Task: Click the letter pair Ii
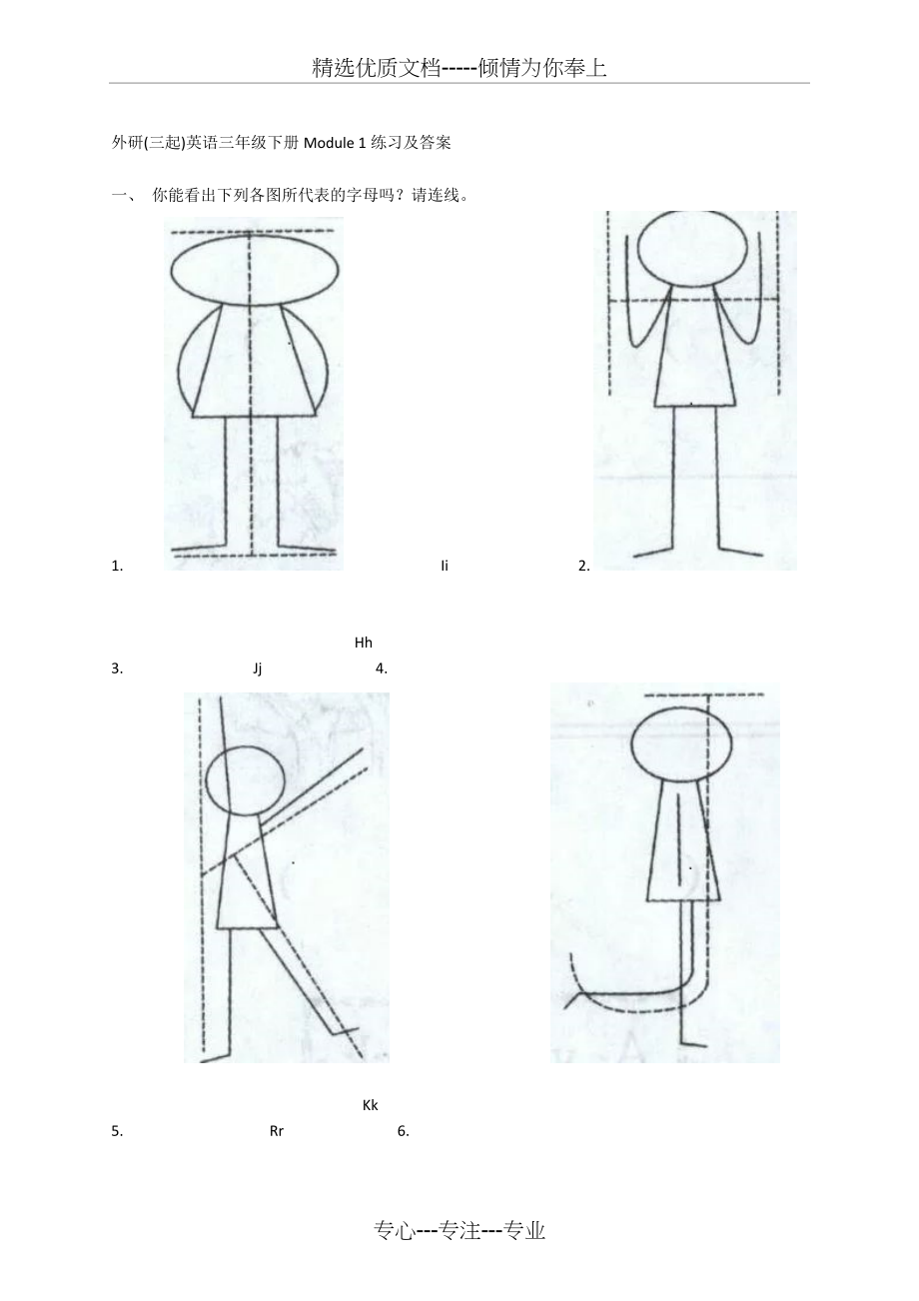pyautogui.click(x=445, y=566)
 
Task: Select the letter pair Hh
pyautogui.click(x=363, y=643)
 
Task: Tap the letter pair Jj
pyautogui.click(x=258, y=668)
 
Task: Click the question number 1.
pyautogui.click(x=117, y=566)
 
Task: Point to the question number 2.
pyautogui.click(x=584, y=566)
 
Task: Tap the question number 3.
pyautogui.click(x=117, y=668)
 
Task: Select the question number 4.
pyautogui.click(x=382, y=668)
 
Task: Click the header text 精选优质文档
pyautogui.click(x=377, y=68)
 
